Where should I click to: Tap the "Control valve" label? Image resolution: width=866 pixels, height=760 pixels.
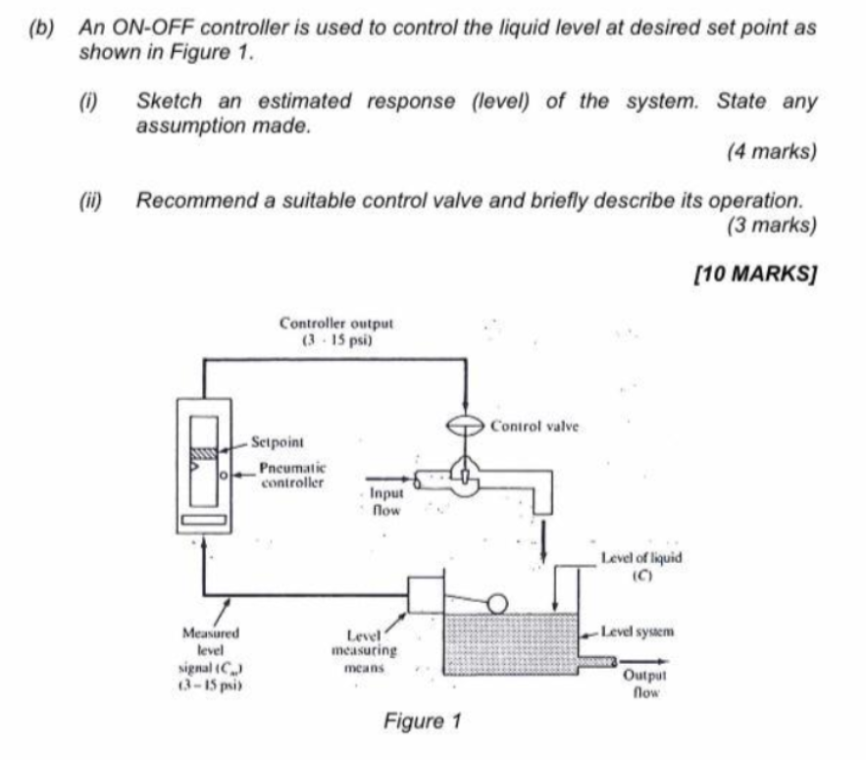tap(535, 427)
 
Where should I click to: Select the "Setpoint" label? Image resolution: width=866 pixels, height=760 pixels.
tap(279, 442)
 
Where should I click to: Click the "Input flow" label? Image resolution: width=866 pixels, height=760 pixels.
tap(385, 503)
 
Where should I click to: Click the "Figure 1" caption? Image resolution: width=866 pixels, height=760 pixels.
tap(422, 723)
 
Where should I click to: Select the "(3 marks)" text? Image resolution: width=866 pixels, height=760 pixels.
tap(772, 225)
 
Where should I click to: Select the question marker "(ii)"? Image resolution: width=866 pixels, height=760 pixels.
tap(94, 200)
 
